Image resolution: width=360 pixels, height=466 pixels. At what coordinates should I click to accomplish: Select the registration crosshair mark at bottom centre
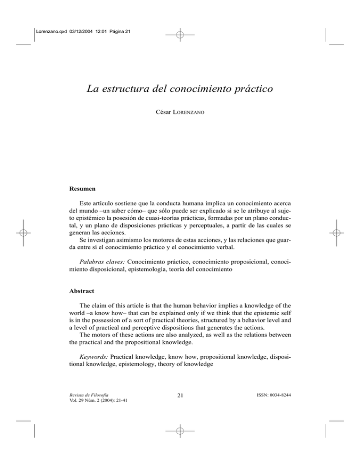[x=180, y=431]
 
